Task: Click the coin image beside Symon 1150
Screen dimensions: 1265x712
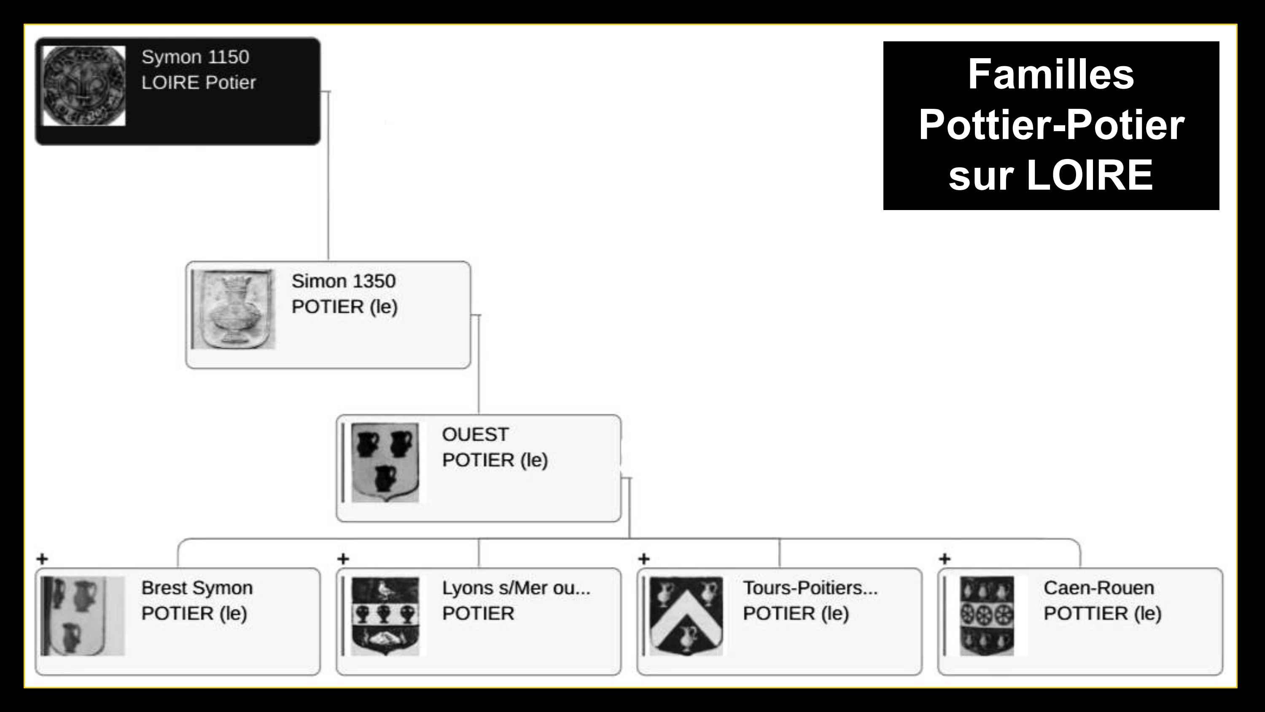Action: (84, 86)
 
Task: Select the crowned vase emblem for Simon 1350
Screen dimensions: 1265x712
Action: (234, 310)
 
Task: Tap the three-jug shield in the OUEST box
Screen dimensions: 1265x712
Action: (385, 462)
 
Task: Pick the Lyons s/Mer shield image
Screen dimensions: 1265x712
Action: (385, 616)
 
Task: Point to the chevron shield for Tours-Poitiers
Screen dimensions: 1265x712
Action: (686, 616)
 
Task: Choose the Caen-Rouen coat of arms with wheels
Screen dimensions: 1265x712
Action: (987, 616)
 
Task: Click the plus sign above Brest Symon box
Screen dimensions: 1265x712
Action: (42, 559)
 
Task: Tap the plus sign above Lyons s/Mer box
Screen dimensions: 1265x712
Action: (343, 559)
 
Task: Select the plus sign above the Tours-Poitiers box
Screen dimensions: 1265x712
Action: (644, 559)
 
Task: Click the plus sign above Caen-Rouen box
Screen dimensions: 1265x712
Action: (945, 559)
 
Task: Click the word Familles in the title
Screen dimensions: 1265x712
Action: (1051, 74)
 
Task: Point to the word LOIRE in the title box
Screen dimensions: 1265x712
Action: (1089, 175)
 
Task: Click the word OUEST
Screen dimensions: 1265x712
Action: (475, 434)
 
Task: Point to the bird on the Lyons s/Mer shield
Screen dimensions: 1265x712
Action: (383, 590)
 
